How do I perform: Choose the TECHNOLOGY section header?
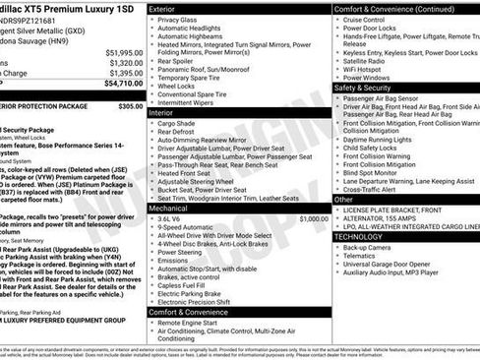tap(358, 237)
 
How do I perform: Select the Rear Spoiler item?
tap(177, 61)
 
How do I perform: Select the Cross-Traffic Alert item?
tap(374, 190)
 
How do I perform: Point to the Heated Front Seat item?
tap(186, 172)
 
